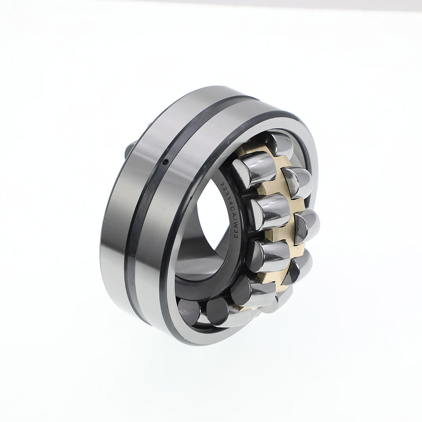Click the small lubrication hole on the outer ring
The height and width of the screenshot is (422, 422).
pos(166,162)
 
